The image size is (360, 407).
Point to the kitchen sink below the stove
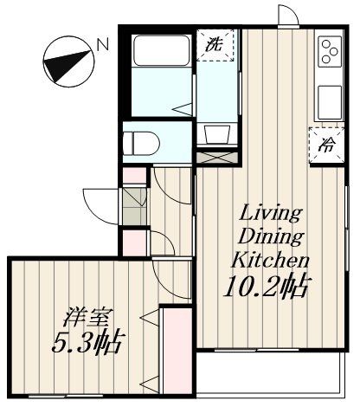coord(330,102)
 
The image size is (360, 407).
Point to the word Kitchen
coord(269,259)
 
